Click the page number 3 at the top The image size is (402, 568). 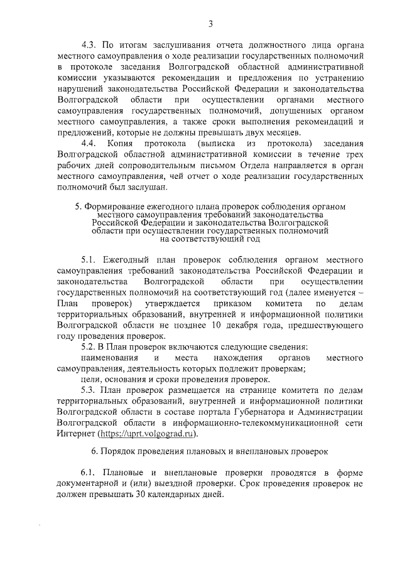point(211,24)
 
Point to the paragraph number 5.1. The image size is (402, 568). point(89,260)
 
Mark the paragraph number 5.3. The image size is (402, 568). point(89,390)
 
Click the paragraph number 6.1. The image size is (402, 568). point(89,472)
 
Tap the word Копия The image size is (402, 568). point(121,143)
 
